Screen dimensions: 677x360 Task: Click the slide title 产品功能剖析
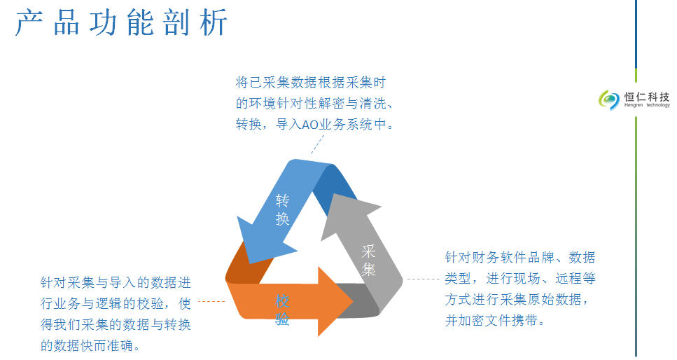click(x=121, y=22)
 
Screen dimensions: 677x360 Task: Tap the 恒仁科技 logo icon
click(x=609, y=100)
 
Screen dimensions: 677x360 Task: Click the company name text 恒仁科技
click(x=647, y=97)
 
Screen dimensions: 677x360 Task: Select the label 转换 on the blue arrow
click(x=282, y=210)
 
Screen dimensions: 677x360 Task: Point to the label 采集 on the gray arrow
click(x=369, y=260)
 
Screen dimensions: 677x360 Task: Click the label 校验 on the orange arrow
click(x=282, y=310)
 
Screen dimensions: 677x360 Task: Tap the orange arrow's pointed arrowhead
click(x=341, y=302)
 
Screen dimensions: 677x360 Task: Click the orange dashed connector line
click(x=211, y=301)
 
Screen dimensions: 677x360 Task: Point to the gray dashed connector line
click(x=423, y=279)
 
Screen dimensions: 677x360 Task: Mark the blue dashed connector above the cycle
click(x=317, y=144)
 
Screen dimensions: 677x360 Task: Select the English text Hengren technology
click(x=647, y=105)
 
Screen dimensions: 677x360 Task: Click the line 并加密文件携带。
click(x=495, y=321)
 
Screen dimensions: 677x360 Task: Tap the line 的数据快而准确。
click(x=90, y=346)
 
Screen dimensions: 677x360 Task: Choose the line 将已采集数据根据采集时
click(x=311, y=82)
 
